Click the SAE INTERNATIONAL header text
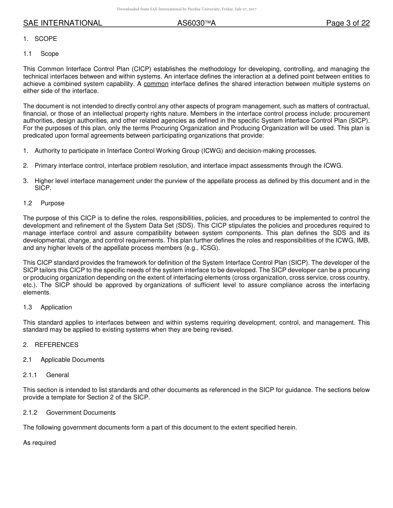62,23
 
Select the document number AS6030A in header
196,23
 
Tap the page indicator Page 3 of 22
347,23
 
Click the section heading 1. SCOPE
40,39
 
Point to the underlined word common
156,84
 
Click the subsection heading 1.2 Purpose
44,203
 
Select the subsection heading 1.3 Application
48,307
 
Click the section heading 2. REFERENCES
50,345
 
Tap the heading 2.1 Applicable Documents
64,360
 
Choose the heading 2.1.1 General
46,375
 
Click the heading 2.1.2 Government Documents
69,413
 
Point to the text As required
39,443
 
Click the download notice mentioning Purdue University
187,9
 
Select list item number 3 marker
25,181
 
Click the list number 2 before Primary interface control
25,166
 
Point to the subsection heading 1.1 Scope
41,54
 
